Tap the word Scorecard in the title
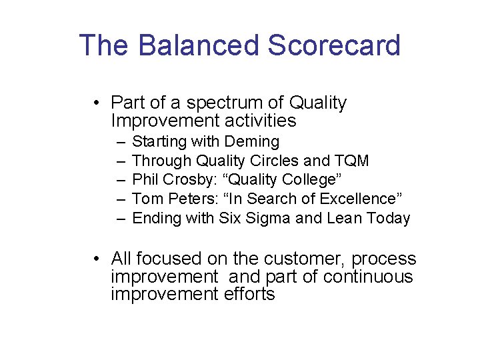point(334,45)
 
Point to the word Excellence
point(359,199)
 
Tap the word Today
point(388,218)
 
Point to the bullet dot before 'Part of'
point(97,103)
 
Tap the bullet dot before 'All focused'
point(97,259)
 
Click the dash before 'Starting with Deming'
point(119,142)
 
